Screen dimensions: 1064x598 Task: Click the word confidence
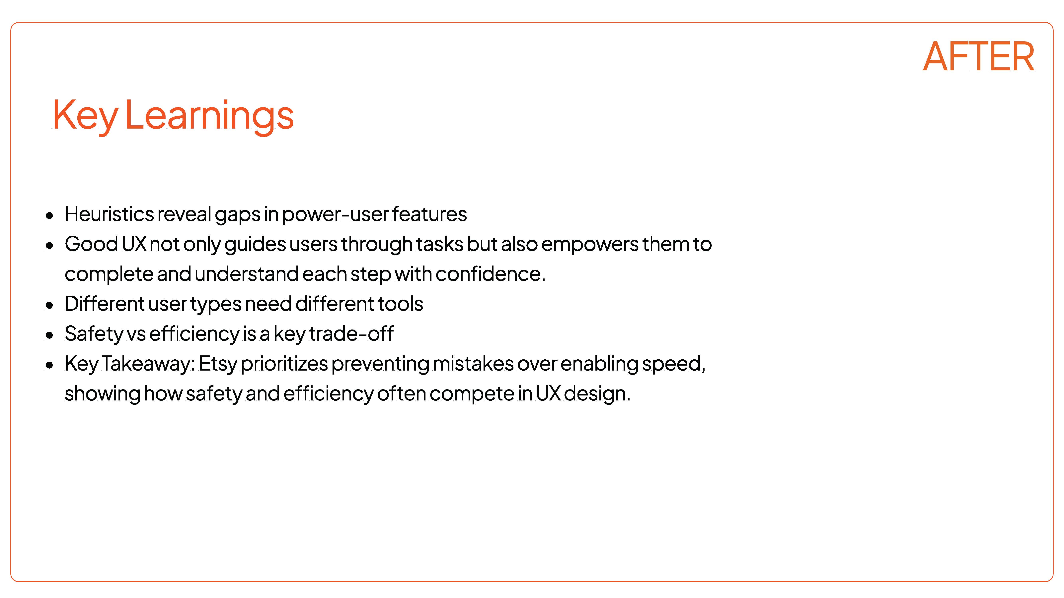[x=490, y=274]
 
